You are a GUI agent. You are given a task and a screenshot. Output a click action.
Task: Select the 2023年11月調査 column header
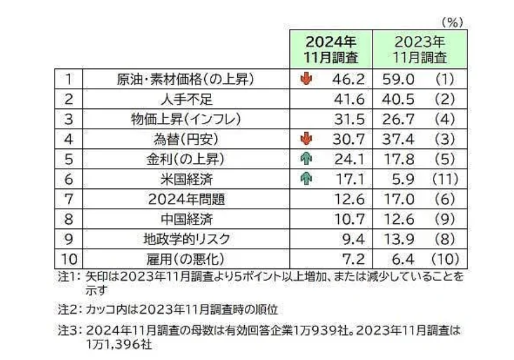419,49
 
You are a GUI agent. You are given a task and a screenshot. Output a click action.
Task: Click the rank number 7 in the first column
68,199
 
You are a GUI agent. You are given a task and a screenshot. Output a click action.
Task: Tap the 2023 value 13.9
396,239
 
